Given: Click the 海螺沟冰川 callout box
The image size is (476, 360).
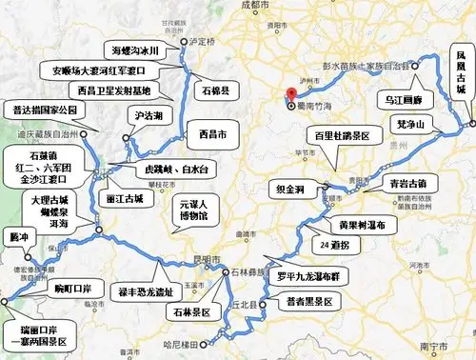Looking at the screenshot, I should click(x=136, y=50).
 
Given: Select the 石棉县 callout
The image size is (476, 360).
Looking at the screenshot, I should click(x=215, y=92).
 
